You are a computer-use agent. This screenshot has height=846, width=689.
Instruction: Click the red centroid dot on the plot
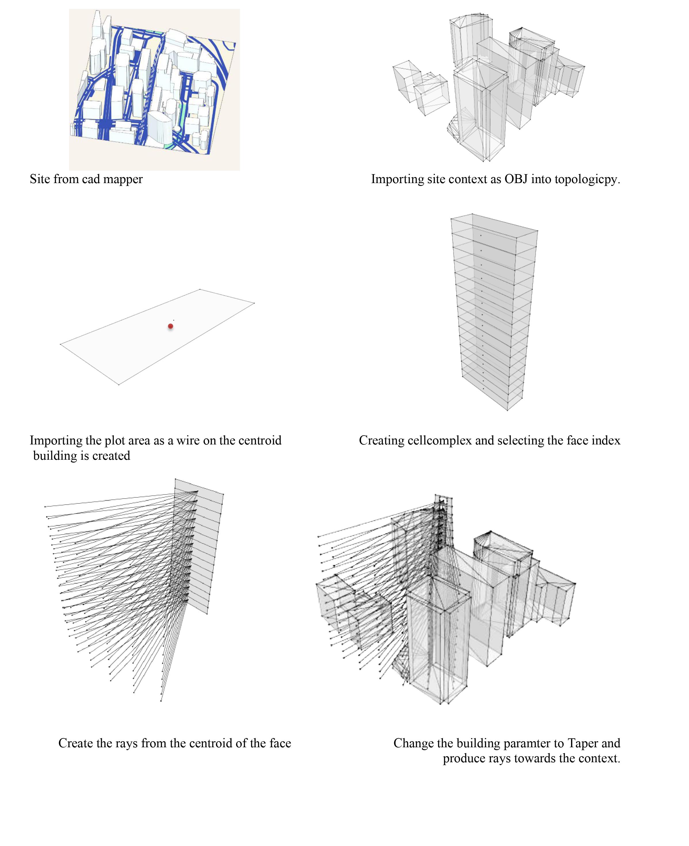(171, 326)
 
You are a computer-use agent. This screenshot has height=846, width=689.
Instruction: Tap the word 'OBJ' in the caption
(516, 179)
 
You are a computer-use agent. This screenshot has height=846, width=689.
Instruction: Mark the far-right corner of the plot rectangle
(254, 303)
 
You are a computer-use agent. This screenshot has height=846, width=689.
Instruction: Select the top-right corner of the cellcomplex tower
(538, 230)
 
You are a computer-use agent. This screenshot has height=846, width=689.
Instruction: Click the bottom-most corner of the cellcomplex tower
(507, 410)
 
